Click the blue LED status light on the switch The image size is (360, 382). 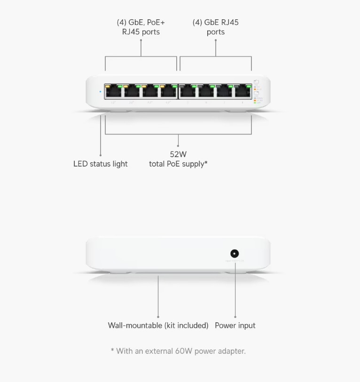coord(100,91)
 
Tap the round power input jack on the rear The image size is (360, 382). coord(234,254)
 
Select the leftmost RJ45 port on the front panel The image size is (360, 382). coord(113,92)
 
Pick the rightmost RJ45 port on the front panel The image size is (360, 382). coord(243,92)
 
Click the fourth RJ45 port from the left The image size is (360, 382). coord(168,92)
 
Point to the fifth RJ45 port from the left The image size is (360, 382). coord(188,92)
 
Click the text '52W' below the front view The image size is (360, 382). coord(178,154)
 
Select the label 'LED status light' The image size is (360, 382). coord(100,164)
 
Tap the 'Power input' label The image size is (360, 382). coord(235,325)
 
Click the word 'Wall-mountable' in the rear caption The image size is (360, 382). coord(135,325)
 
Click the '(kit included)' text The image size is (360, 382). coord(187,325)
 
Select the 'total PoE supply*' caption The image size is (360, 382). coord(178,164)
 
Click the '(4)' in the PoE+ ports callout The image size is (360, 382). coord(121,22)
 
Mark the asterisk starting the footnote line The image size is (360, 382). coord(112,350)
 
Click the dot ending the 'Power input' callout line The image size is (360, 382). coord(235,317)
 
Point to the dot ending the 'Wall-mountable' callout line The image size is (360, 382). coord(158,317)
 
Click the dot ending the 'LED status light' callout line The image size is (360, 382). coord(100,155)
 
